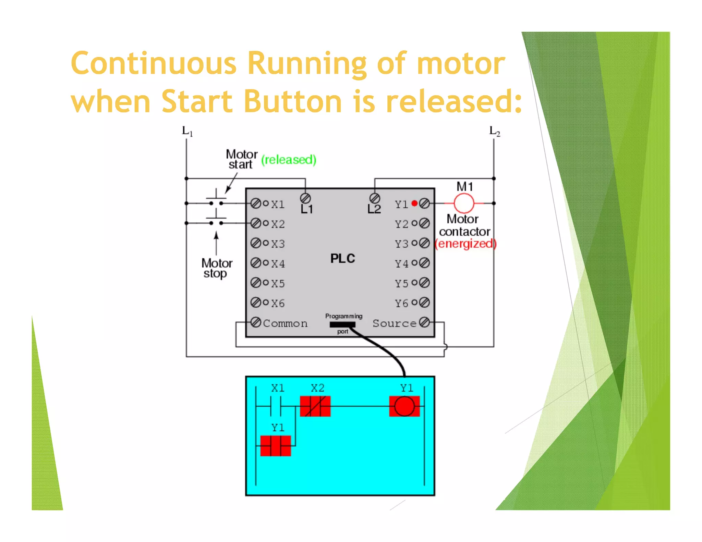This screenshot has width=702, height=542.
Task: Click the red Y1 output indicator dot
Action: (x=414, y=203)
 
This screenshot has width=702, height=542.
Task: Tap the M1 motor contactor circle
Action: (x=464, y=203)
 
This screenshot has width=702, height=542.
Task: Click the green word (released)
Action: (x=289, y=160)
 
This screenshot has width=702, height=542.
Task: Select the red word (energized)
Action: (x=465, y=244)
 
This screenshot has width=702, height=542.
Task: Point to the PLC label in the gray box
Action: (x=342, y=258)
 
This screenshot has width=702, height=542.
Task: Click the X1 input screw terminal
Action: (x=256, y=204)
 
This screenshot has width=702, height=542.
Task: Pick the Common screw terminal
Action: (x=256, y=322)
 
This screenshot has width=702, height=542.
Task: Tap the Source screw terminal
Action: (x=424, y=322)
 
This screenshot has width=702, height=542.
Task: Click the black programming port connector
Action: (x=342, y=324)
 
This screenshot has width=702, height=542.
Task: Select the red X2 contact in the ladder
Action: (x=315, y=406)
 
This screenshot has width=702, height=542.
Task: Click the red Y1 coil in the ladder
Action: (x=404, y=406)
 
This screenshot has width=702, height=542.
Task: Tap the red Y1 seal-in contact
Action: (x=276, y=446)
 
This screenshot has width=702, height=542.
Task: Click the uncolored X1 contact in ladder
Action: (x=276, y=406)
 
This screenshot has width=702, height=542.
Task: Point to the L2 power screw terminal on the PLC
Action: (x=375, y=198)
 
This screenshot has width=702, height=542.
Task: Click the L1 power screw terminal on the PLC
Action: (x=305, y=198)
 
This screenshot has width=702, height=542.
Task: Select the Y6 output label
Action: (x=401, y=303)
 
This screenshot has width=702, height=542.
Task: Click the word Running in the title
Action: (x=307, y=64)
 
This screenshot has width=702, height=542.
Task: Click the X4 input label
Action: (x=278, y=263)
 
